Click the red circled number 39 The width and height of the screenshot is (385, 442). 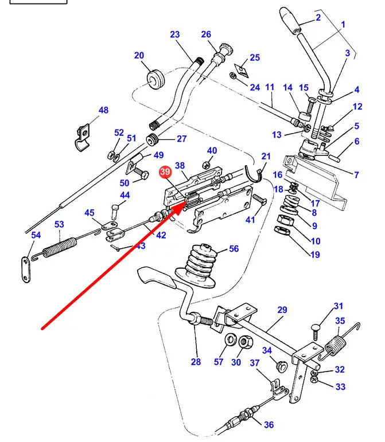coord(165,172)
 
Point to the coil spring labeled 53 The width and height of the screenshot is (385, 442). coord(60,247)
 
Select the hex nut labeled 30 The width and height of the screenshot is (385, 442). coord(245,343)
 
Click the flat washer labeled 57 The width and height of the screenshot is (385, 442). coord(231,339)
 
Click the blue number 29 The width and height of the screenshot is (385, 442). coord(282,310)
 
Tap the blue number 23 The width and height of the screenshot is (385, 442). coord(174,34)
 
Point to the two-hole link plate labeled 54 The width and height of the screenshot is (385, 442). coord(25,270)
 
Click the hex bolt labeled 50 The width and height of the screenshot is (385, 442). coord(141,173)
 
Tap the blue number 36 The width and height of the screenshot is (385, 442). coord(269,425)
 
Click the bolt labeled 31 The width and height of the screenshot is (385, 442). coord(316,331)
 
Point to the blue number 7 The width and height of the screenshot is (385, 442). coord(356,175)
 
